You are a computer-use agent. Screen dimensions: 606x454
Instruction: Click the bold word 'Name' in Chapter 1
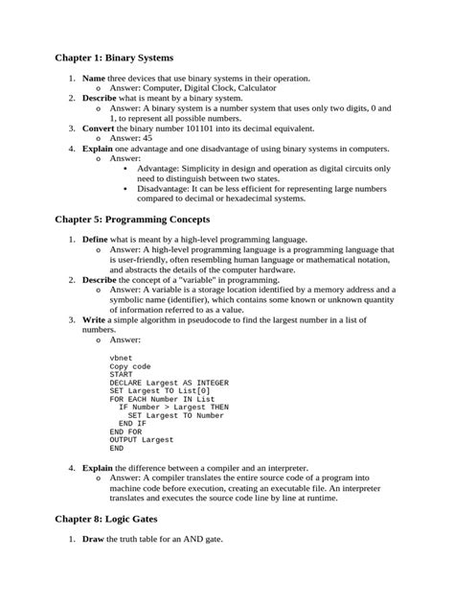point(94,78)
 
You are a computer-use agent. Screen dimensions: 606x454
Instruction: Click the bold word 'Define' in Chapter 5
point(96,239)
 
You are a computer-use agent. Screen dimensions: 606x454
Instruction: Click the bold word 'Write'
point(95,319)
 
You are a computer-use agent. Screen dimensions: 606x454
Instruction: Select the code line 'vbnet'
point(121,357)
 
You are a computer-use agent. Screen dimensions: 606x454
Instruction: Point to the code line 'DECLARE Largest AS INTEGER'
point(169,382)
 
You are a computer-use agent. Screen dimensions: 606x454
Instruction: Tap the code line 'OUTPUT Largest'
point(142,440)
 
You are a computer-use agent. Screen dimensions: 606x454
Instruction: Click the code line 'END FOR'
point(125,431)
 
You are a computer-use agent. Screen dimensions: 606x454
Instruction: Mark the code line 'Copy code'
point(131,365)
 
